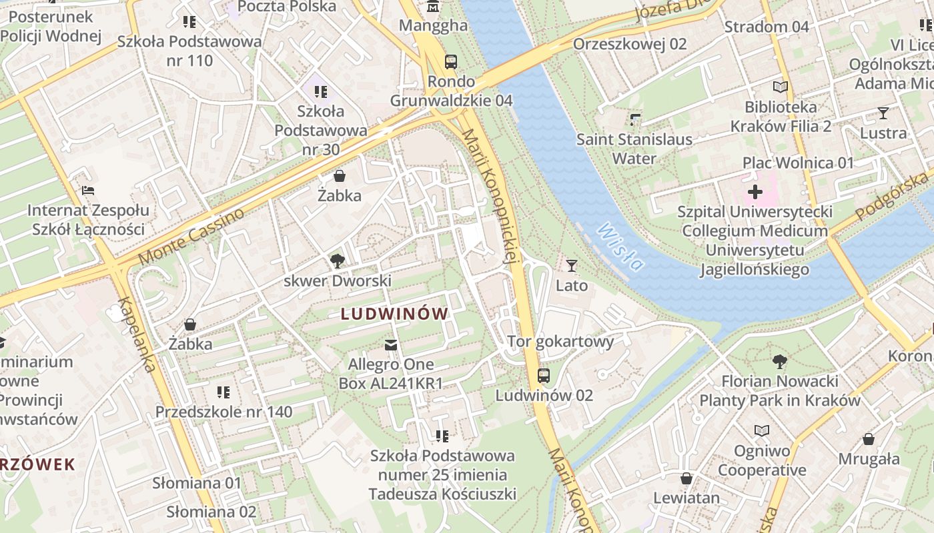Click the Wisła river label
[620, 247]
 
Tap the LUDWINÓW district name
[394, 314]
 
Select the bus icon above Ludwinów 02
[544, 376]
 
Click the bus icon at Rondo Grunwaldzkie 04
[451, 62]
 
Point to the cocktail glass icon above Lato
[571, 266]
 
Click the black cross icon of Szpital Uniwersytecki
[755, 193]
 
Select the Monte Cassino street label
[191, 237]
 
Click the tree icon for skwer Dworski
[338, 261]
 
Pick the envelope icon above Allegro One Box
[391, 344]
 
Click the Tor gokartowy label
[560, 342]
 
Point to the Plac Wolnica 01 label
[798, 163]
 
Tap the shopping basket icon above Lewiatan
[686, 478]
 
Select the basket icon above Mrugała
[868, 439]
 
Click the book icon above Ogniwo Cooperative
[761, 431]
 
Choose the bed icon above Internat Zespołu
[87, 191]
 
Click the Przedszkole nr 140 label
[223, 412]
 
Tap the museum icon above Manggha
[433, 7]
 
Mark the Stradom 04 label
[766, 27]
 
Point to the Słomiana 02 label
[211, 512]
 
